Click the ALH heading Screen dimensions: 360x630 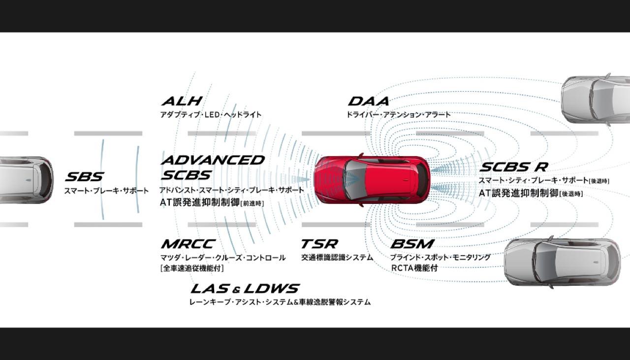[182, 101]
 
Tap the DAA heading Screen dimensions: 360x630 [368, 101]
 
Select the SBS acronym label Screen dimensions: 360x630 [84, 177]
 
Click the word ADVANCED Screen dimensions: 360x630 [212, 160]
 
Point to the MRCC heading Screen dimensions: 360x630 [188, 244]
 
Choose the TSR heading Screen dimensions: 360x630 [319, 244]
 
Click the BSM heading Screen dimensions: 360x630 [412, 244]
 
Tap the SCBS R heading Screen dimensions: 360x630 [513, 167]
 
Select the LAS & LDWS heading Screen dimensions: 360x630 [245, 288]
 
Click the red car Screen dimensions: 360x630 [372, 180]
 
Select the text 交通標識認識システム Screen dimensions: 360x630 [337, 257]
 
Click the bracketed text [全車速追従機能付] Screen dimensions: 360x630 [192, 268]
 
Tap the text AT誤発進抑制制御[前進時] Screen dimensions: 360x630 [212, 202]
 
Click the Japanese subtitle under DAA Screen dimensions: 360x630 [398, 115]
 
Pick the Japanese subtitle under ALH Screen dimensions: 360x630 [211, 115]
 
